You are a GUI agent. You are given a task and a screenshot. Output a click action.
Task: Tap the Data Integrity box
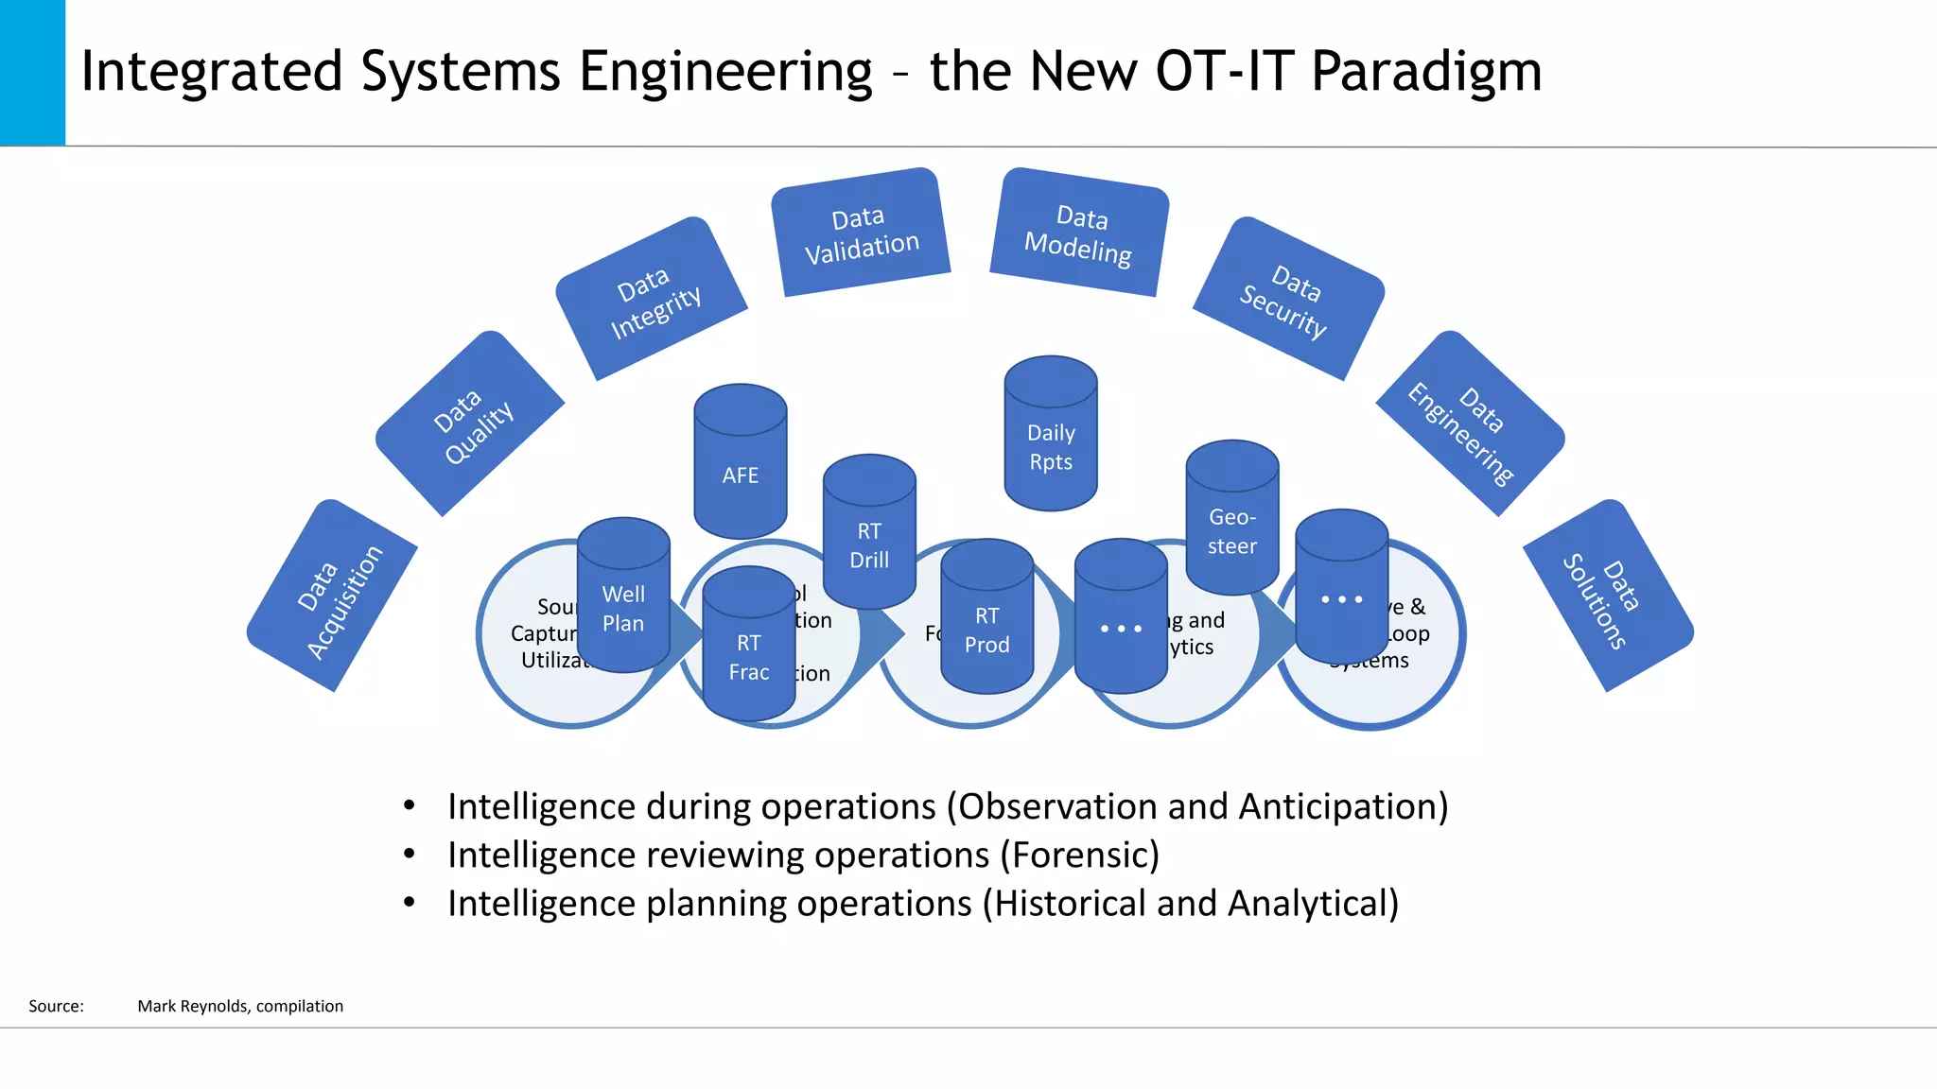tap(652, 299)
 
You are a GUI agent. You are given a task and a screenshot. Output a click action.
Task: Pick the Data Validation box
tap(861, 233)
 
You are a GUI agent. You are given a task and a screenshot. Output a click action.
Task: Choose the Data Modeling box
tap(1079, 233)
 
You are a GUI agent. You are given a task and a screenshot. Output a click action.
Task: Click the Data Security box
tap(1288, 299)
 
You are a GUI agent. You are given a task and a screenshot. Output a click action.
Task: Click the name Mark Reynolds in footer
tap(194, 1006)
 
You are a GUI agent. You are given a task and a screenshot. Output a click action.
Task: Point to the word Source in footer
tap(55, 1006)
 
